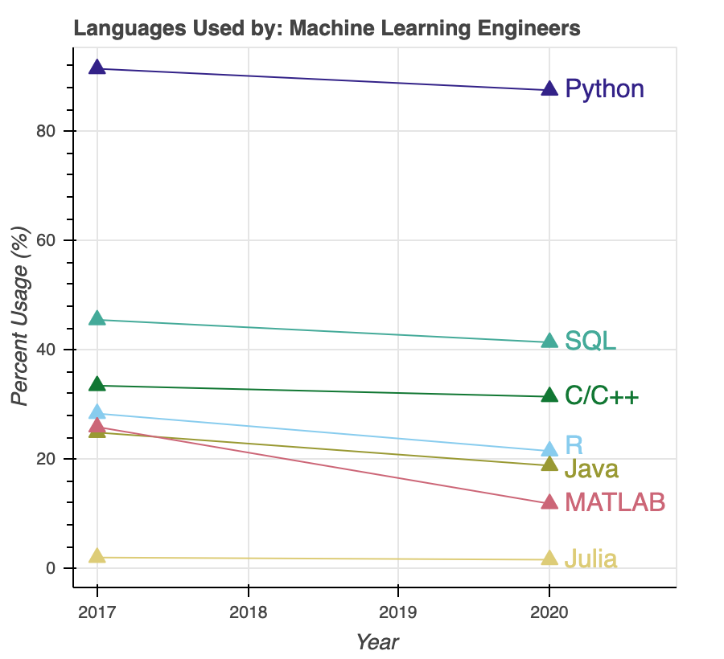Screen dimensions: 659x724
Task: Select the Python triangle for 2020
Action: pos(549,89)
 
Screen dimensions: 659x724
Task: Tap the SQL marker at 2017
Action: pos(97,319)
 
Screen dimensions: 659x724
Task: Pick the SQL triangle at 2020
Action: pos(549,342)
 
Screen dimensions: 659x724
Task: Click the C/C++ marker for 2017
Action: pos(97,385)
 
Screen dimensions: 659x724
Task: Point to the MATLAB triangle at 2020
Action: pos(549,502)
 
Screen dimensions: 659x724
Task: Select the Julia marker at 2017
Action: pos(97,556)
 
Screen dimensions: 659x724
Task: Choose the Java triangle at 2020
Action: pos(549,464)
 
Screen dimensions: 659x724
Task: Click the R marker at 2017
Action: pos(97,413)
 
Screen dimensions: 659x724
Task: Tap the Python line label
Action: pos(604,88)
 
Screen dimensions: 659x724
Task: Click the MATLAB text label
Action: pos(615,503)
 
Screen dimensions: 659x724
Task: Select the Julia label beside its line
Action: pos(591,559)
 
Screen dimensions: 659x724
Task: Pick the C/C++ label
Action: pos(602,396)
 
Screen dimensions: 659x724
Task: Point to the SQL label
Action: pos(590,341)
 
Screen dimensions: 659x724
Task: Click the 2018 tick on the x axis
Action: pos(248,612)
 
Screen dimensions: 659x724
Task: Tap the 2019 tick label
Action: pos(398,612)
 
